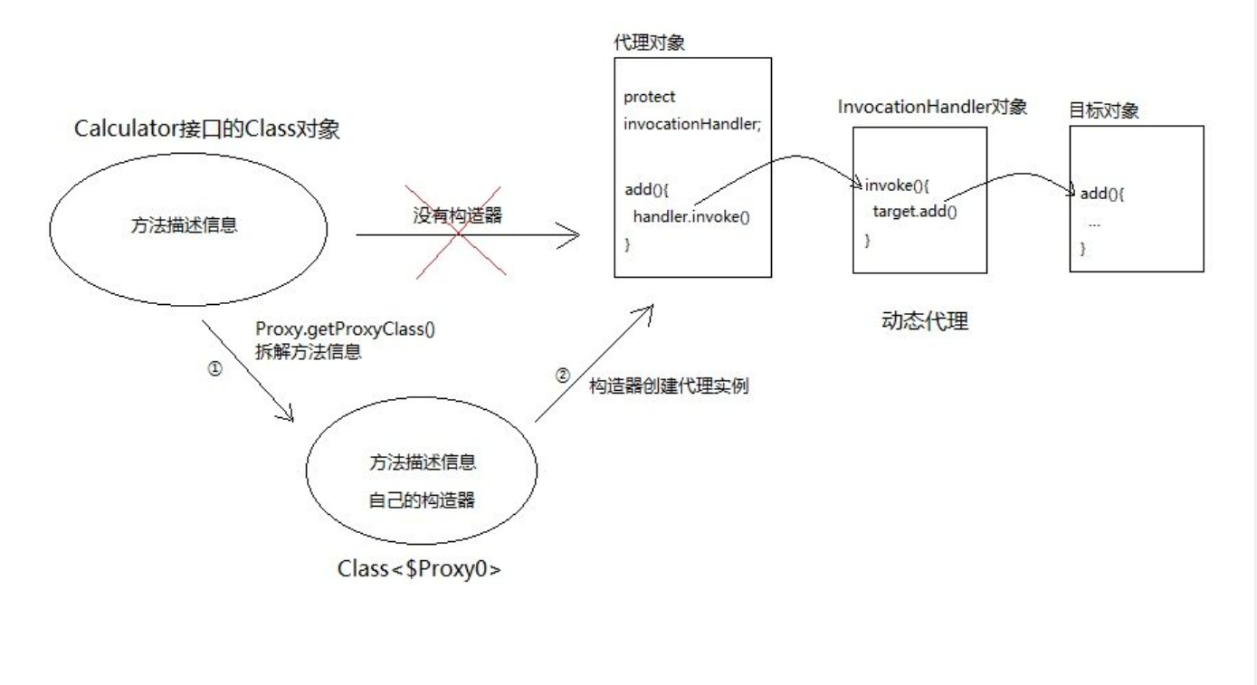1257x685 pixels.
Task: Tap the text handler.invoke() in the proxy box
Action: coord(692,216)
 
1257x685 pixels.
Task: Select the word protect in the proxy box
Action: coord(649,97)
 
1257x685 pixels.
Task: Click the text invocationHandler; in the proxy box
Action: coord(692,124)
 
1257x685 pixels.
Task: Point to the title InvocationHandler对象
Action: coord(932,107)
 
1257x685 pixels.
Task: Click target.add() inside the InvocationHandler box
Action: coord(914,212)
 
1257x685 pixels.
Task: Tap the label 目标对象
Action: coord(1103,111)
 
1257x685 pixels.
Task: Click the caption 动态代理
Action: coord(924,321)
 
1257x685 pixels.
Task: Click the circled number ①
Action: coord(214,370)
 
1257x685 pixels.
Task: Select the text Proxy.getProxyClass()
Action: coord(345,329)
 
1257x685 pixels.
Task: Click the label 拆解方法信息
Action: coord(309,353)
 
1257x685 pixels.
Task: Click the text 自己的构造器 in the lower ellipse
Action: coord(422,499)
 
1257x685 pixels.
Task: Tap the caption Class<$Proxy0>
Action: coord(419,570)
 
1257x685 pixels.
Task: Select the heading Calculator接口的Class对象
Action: coord(206,129)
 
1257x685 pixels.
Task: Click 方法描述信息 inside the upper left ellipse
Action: coord(184,226)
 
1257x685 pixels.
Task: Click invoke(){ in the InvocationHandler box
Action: coord(897,186)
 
